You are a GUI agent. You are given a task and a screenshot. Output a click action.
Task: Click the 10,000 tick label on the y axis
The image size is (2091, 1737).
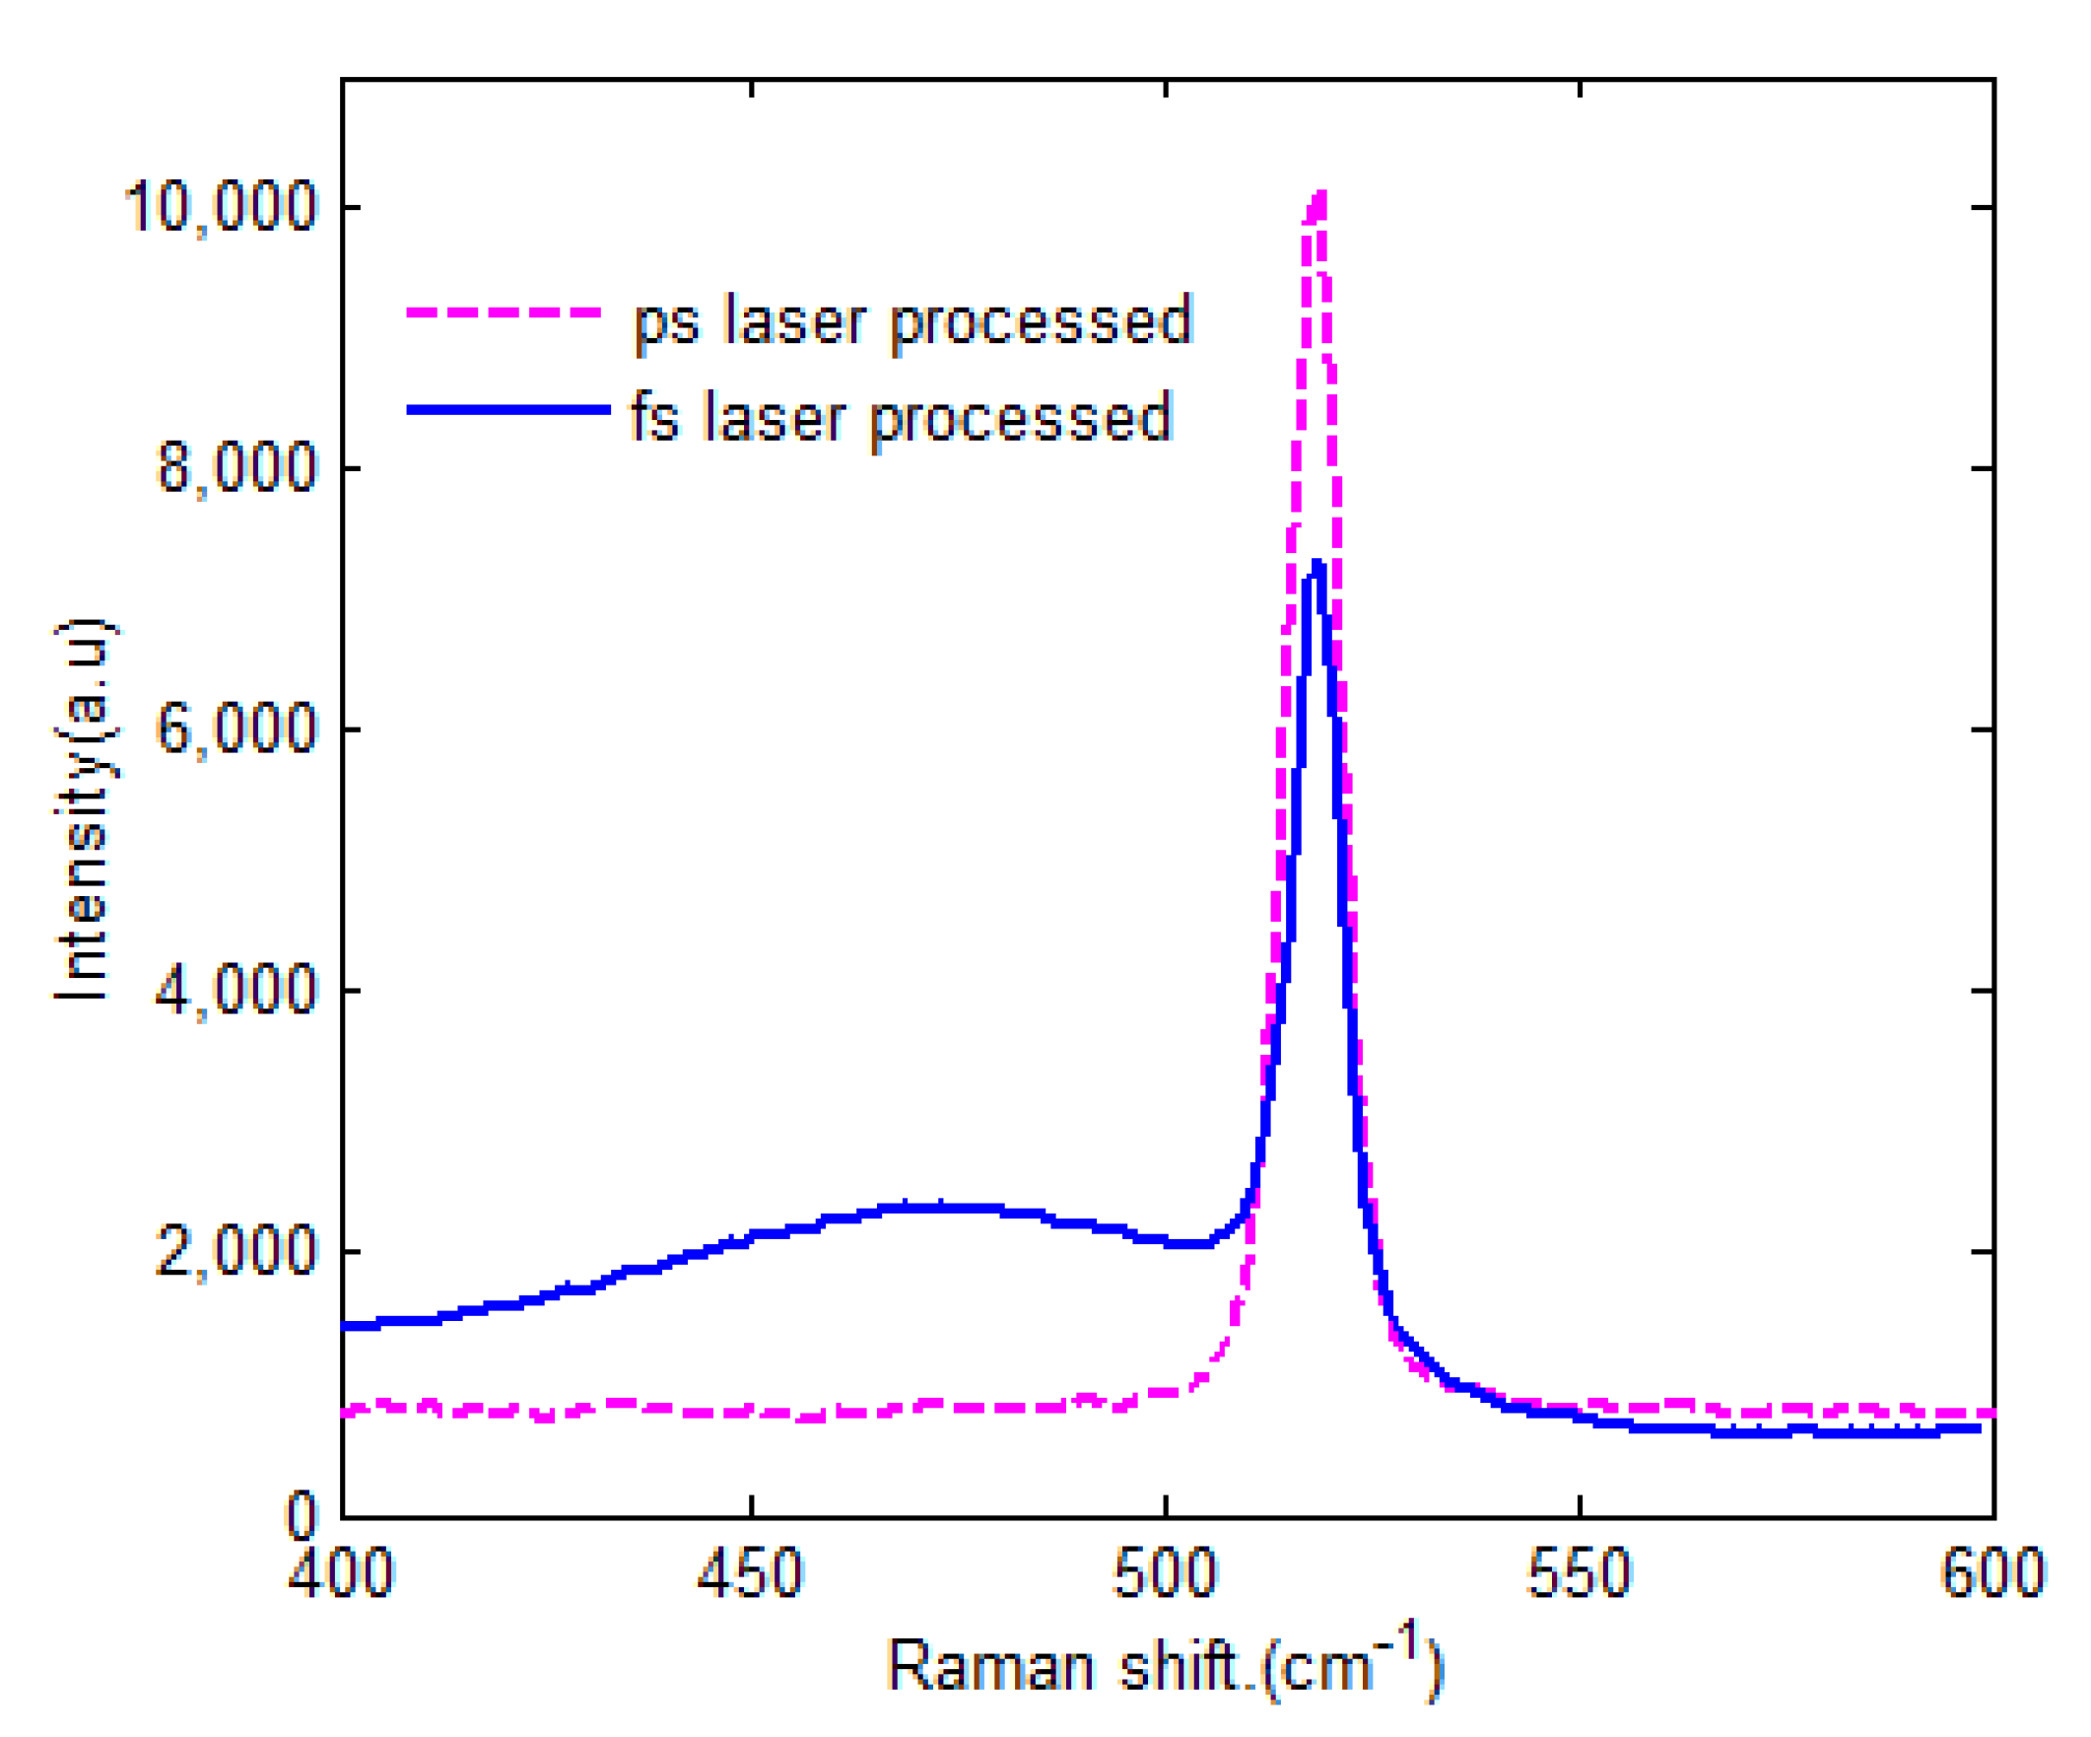221,208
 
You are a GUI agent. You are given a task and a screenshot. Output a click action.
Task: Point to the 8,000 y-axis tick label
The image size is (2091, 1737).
236,469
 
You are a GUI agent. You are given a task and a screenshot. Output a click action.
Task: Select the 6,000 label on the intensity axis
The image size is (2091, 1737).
236,730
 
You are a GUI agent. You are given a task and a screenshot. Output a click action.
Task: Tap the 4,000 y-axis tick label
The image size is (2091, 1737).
236,991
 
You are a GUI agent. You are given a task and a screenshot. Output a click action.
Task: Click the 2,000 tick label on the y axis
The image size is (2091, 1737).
236,1252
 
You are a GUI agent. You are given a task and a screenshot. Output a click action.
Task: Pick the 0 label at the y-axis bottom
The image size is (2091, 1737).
301,1517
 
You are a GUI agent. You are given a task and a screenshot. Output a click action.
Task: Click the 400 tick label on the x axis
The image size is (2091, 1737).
342,1574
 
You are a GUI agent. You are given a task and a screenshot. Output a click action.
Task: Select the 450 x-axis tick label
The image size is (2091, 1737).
750,1574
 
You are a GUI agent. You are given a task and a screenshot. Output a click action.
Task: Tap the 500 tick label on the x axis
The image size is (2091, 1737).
1165,1574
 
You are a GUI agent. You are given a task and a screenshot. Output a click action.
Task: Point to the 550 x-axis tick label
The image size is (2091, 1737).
1580,1574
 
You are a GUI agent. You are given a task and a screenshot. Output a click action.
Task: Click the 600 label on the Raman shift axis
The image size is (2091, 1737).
1993,1574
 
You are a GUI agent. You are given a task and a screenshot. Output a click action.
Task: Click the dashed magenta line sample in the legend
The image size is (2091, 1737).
505,313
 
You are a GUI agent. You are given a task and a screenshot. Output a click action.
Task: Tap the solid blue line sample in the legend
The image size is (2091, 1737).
507,409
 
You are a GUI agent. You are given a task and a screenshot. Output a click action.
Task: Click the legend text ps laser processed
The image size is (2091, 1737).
913,320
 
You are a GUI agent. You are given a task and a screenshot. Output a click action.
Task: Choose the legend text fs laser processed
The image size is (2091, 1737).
902,417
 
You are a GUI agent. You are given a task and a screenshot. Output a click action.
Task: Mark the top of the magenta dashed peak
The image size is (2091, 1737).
1320,195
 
